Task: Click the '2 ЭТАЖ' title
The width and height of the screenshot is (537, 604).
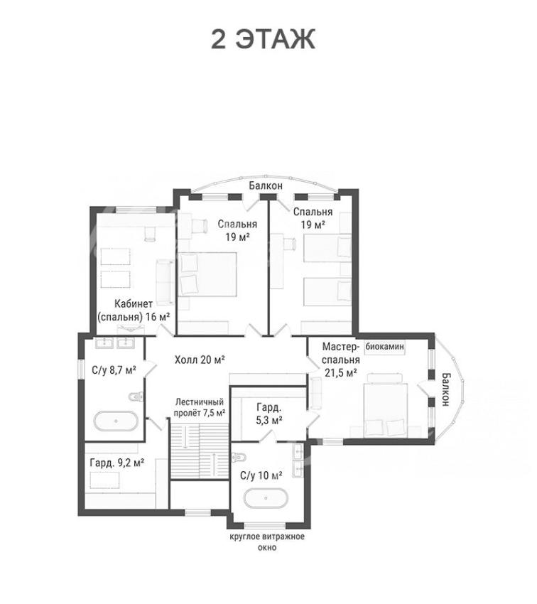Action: pos(264,39)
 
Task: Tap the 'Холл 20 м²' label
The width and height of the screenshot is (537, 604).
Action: pos(200,360)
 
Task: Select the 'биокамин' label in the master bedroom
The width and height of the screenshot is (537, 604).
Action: pos(384,346)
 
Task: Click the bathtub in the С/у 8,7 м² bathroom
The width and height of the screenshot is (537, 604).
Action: pos(116,421)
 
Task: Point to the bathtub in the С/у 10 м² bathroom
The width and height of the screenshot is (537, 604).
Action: pos(266,498)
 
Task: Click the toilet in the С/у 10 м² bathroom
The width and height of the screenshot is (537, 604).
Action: pos(239,457)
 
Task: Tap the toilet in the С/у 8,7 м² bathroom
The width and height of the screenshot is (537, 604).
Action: pos(135,397)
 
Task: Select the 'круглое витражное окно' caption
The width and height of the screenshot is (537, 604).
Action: pos(267,541)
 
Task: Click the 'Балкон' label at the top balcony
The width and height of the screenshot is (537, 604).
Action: pos(266,185)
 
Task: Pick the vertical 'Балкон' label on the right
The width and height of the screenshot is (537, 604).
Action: pos(446,389)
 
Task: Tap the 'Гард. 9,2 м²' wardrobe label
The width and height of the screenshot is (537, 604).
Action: pos(117,463)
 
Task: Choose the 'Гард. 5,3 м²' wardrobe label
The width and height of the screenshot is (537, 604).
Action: pos(269,414)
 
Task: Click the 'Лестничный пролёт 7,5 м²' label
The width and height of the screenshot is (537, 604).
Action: pos(200,408)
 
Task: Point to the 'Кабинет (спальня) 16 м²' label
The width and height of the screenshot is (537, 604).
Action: pos(134,311)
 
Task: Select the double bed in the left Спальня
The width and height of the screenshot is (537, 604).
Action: pos(207,274)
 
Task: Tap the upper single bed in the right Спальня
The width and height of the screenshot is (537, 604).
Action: pos(327,248)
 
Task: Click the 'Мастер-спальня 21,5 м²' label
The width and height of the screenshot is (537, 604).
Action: pos(341,360)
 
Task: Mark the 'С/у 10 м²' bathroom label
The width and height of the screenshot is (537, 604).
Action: pos(261,475)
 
